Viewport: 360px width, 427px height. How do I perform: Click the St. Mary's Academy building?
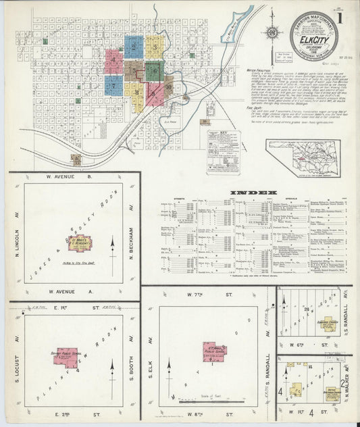77,241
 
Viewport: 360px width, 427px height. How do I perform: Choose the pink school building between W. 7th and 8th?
215,350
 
